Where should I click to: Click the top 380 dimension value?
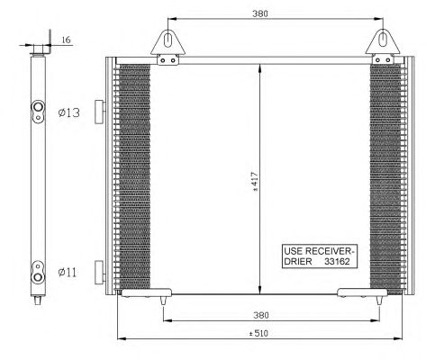coord(260,13)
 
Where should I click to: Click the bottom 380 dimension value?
coord(261,315)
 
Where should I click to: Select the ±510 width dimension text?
coord(258,334)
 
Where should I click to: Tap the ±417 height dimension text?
coord(255,182)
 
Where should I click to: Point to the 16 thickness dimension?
coord(66,40)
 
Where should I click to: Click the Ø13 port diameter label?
coord(69,112)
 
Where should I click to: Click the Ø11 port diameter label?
coord(68,273)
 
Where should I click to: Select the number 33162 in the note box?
coord(337,262)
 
